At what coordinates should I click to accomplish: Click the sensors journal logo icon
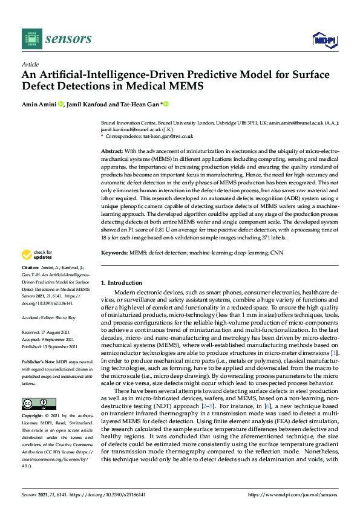tap(30, 39)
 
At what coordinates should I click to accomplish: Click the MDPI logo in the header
tap(324, 40)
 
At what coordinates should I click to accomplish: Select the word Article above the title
tap(30, 64)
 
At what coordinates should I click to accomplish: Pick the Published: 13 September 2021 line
tap(52, 346)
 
